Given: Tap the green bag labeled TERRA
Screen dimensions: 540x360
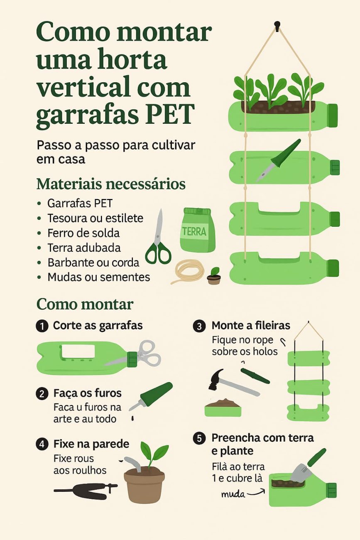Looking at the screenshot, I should click(x=197, y=231).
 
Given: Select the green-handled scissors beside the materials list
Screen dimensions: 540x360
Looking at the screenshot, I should click(x=158, y=241).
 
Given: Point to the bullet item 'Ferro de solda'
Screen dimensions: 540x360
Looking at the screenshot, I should click(x=83, y=233).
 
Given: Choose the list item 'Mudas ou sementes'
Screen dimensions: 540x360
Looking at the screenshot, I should click(x=98, y=277).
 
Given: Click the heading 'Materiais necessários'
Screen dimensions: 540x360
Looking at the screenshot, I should click(x=111, y=184).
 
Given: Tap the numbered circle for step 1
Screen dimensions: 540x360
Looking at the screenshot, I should click(x=42, y=326).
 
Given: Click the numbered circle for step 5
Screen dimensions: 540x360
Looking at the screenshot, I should click(x=199, y=438).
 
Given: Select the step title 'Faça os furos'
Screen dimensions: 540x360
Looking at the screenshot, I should click(x=87, y=393).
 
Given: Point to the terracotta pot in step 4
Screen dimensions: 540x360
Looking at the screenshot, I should click(x=144, y=484).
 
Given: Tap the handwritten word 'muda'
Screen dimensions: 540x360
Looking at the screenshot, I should click(x=233, y=494).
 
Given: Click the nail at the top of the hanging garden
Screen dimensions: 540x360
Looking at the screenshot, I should click(x=277, y=25).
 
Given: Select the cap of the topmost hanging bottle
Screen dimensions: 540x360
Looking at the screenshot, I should click(x=332, y=115).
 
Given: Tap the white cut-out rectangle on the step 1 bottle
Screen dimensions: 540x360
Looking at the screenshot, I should click(x=78, y=351).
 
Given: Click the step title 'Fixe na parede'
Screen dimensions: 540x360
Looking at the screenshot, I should click(x=91, y=444).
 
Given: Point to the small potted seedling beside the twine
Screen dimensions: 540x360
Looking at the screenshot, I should click(x=214, y=276).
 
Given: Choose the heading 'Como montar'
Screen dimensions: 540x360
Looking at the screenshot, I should click(x=85, y=304).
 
